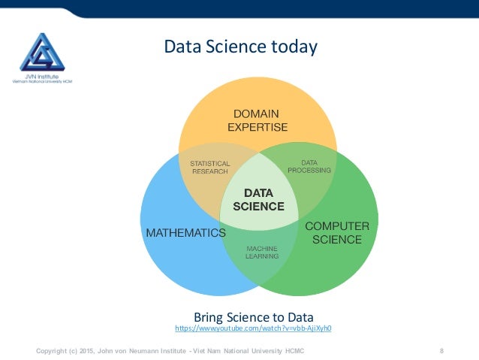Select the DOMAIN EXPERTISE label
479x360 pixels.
(257, 121)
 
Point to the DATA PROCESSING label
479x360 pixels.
(309, 166)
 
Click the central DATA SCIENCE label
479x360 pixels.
(258, 199)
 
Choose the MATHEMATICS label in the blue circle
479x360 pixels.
(185, 233)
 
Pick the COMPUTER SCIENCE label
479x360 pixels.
(336, 233)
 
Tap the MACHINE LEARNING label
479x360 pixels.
(261, 252)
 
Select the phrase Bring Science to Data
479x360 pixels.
(253, 316)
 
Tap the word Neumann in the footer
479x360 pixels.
(161, 351)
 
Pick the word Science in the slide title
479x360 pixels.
(234, 47)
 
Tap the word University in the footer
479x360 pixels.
(268, 351)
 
